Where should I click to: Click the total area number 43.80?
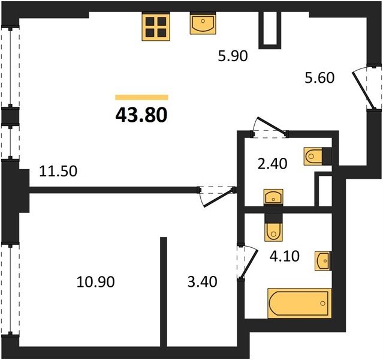141,115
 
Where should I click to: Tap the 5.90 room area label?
233,56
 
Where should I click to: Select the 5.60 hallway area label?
319,78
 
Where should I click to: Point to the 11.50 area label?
58,171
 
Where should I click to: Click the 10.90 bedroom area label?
95,282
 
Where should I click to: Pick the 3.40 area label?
202,282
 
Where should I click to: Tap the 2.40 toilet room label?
272,164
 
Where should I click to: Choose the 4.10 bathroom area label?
285,257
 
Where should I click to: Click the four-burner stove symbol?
156,27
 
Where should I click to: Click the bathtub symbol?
300,303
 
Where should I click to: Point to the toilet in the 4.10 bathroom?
273,227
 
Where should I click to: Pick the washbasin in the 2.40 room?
273,197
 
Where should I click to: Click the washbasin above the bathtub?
323,261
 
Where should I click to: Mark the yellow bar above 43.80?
141,97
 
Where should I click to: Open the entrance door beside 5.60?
366,88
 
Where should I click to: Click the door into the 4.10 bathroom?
247,262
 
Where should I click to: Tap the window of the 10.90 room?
10,289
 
